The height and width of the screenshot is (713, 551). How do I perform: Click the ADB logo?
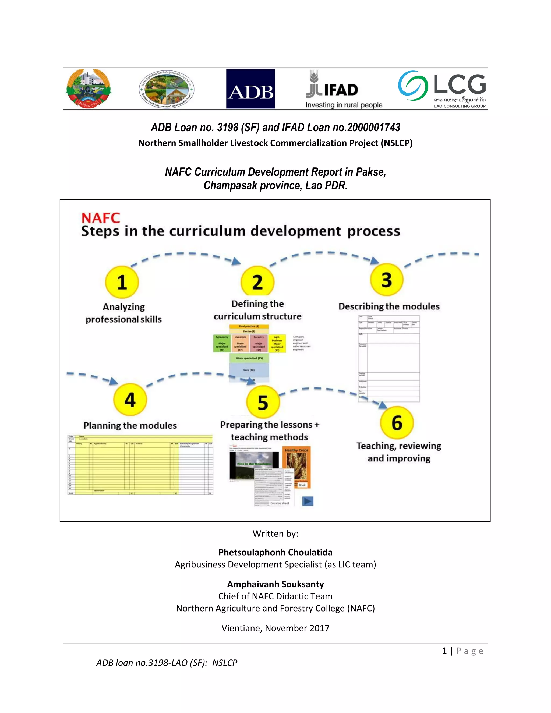click(x=251, y=89)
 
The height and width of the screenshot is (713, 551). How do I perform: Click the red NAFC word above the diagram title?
click(x=101, y=218)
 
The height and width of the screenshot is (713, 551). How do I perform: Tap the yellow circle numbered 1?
click(x=122, y=282)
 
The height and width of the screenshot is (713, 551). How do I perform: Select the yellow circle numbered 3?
click(x=387, y=280)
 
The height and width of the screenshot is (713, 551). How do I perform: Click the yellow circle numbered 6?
click(x=397, y=422)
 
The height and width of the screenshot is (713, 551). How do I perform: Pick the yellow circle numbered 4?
click(x=130, y=400)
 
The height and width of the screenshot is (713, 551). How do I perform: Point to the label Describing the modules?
click(x=389, y=306)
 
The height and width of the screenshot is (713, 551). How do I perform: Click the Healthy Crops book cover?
click(x=296, y=467)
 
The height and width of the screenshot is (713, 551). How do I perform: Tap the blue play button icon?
click(x=308, y=501)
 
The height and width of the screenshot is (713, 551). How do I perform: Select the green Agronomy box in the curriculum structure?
click(x=222, y=343)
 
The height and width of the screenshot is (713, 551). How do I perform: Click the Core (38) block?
click(x=249, y=370)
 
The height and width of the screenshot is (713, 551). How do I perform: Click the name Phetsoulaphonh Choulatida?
click(x=275, y=552)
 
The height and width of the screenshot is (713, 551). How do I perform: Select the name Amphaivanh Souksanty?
click(x=275, y=584)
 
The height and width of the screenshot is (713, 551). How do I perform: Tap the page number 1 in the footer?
click(x=444, y=651)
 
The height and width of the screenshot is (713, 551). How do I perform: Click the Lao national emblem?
click(x=89, y=89)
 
